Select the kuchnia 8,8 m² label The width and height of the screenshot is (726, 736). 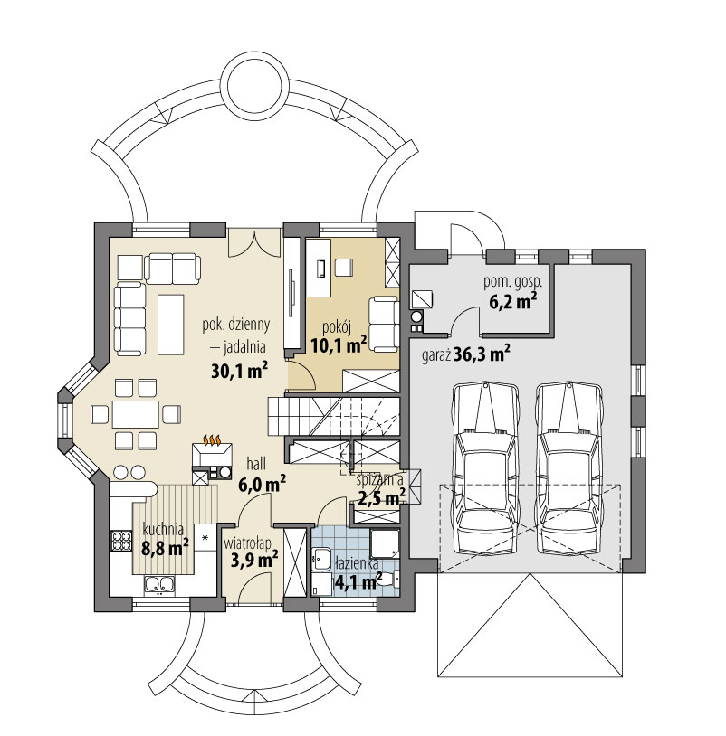[162, 538]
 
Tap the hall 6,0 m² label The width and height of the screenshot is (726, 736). [262, 474]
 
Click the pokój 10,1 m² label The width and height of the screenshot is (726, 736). [338, 335]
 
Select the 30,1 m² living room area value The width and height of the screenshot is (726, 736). [238, 369]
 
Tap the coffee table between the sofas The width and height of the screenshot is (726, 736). [169, 324]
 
